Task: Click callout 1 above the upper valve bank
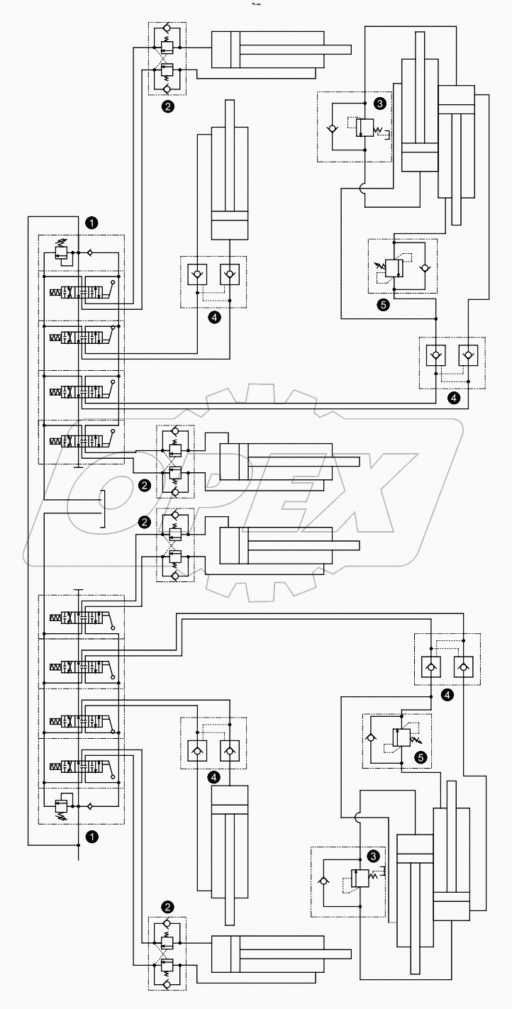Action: [x=91, y=223]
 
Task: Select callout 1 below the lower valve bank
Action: [x=91, y=836]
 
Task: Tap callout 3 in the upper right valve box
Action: [x=380, y=104]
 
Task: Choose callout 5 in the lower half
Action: [x=421, y=757]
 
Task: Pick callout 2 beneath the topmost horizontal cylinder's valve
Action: [x=168, y=107]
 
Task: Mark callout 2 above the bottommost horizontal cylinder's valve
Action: [x=168, y=906]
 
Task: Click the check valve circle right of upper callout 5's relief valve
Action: [x=424, y=267]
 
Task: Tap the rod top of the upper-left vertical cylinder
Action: [x=229, y=103]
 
